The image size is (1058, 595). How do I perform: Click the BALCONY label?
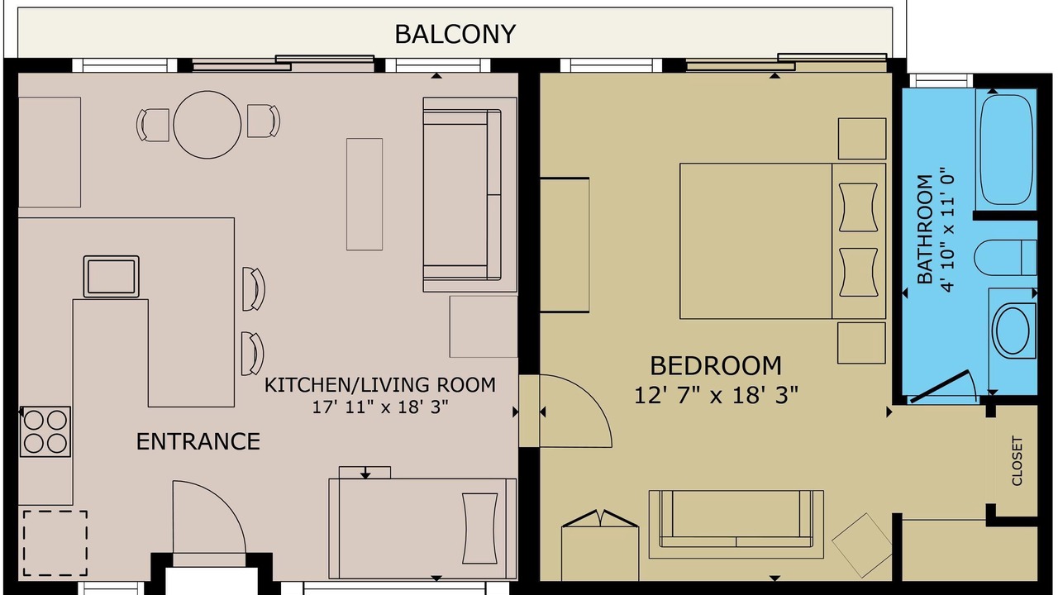(455, 35)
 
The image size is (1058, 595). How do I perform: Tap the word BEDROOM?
(716, 366)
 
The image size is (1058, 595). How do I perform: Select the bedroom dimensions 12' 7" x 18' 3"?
(716, 396)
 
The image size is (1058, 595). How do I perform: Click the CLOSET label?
(1017, 460)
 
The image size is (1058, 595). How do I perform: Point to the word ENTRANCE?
(198, 442)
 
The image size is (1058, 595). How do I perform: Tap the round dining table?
(207, 125)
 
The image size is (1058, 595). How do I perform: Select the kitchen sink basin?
(111, 277)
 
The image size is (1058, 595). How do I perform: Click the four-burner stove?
(45, 431)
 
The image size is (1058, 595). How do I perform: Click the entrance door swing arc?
(228, 507)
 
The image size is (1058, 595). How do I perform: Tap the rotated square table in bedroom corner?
(862, 545)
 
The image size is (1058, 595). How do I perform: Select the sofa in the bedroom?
(736, 524)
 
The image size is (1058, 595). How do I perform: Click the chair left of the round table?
(153, 125)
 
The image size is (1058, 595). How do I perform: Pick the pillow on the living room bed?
(479, 528)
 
